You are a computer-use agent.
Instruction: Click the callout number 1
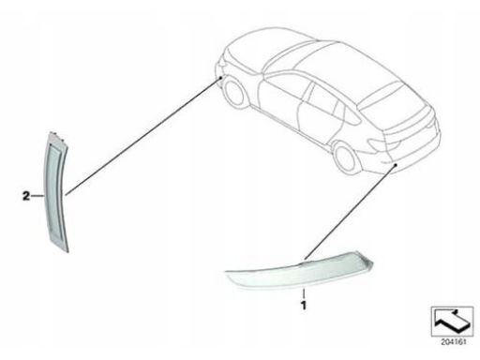(303, 305)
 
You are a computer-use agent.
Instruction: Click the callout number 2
(26, 196)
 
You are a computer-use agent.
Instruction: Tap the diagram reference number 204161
(453, 342)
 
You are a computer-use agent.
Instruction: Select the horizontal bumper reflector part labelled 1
(300, 271)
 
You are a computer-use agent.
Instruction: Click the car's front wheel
(235, 92)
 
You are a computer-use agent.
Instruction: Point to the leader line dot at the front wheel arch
(220, 77)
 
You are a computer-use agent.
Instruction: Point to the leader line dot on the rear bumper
(396, 165)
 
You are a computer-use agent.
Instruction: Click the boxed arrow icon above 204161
(452, 322)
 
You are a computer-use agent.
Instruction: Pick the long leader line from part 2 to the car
(142, 136)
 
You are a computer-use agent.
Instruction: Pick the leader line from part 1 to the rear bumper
(350, 212)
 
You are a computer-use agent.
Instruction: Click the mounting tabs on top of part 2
(57, 136)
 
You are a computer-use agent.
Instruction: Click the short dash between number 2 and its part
(37, 196)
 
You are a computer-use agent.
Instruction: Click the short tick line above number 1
(303, 293)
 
